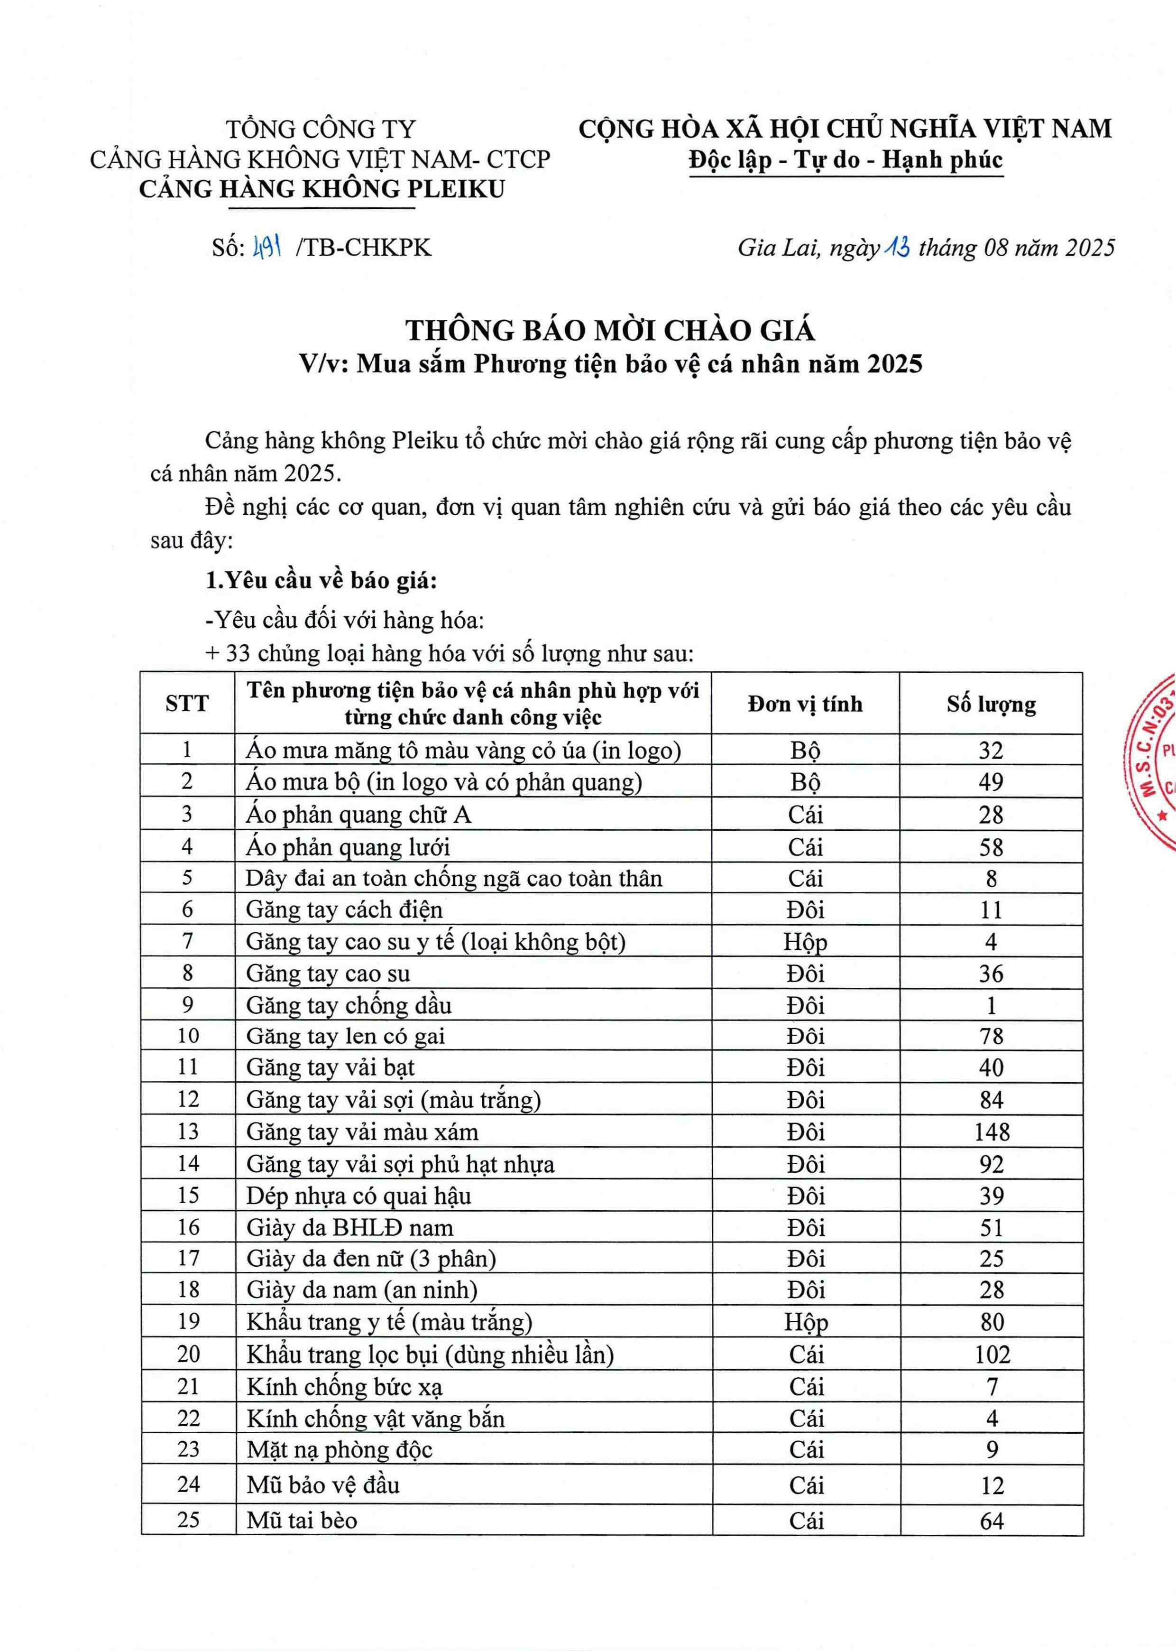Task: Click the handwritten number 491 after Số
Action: [266, 249]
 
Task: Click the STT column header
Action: [187, 704]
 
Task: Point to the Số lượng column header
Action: [991, 704]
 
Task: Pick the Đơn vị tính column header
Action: [805, 704]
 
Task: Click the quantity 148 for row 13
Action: [992, 1132]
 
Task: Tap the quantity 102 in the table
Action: [992, 1354]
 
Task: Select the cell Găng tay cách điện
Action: [344, 909]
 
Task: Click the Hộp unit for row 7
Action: [805, 941]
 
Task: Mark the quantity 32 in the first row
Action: [991, 750]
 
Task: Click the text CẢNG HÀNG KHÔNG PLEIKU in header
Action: [322, 189]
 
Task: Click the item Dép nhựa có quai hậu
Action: [358, 1196]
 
